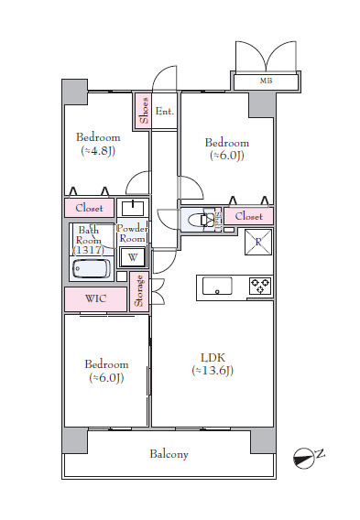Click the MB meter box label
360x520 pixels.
click(266, 81)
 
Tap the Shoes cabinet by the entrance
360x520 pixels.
click(143, 111)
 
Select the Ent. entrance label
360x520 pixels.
click(165, 112)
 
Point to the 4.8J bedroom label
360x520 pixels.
click(98, 145)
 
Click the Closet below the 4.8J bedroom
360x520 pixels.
click(89, 208)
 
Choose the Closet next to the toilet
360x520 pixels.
click(249, 216)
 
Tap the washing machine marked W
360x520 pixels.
click(133, 257)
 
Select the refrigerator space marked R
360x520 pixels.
click(258, 242)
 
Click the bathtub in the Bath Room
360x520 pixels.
click(92, 268)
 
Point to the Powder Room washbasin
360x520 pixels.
click(133, 208)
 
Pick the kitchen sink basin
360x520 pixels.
click(217, 287)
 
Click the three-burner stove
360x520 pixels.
click(260, 286)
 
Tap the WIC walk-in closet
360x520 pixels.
click(95, 298)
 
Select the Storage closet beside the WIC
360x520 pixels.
click(139, 291)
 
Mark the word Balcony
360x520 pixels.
click(169, 454)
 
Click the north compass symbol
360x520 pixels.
click(303, 458)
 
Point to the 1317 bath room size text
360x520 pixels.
click(88, 250)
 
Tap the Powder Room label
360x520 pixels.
click(132, 233)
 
